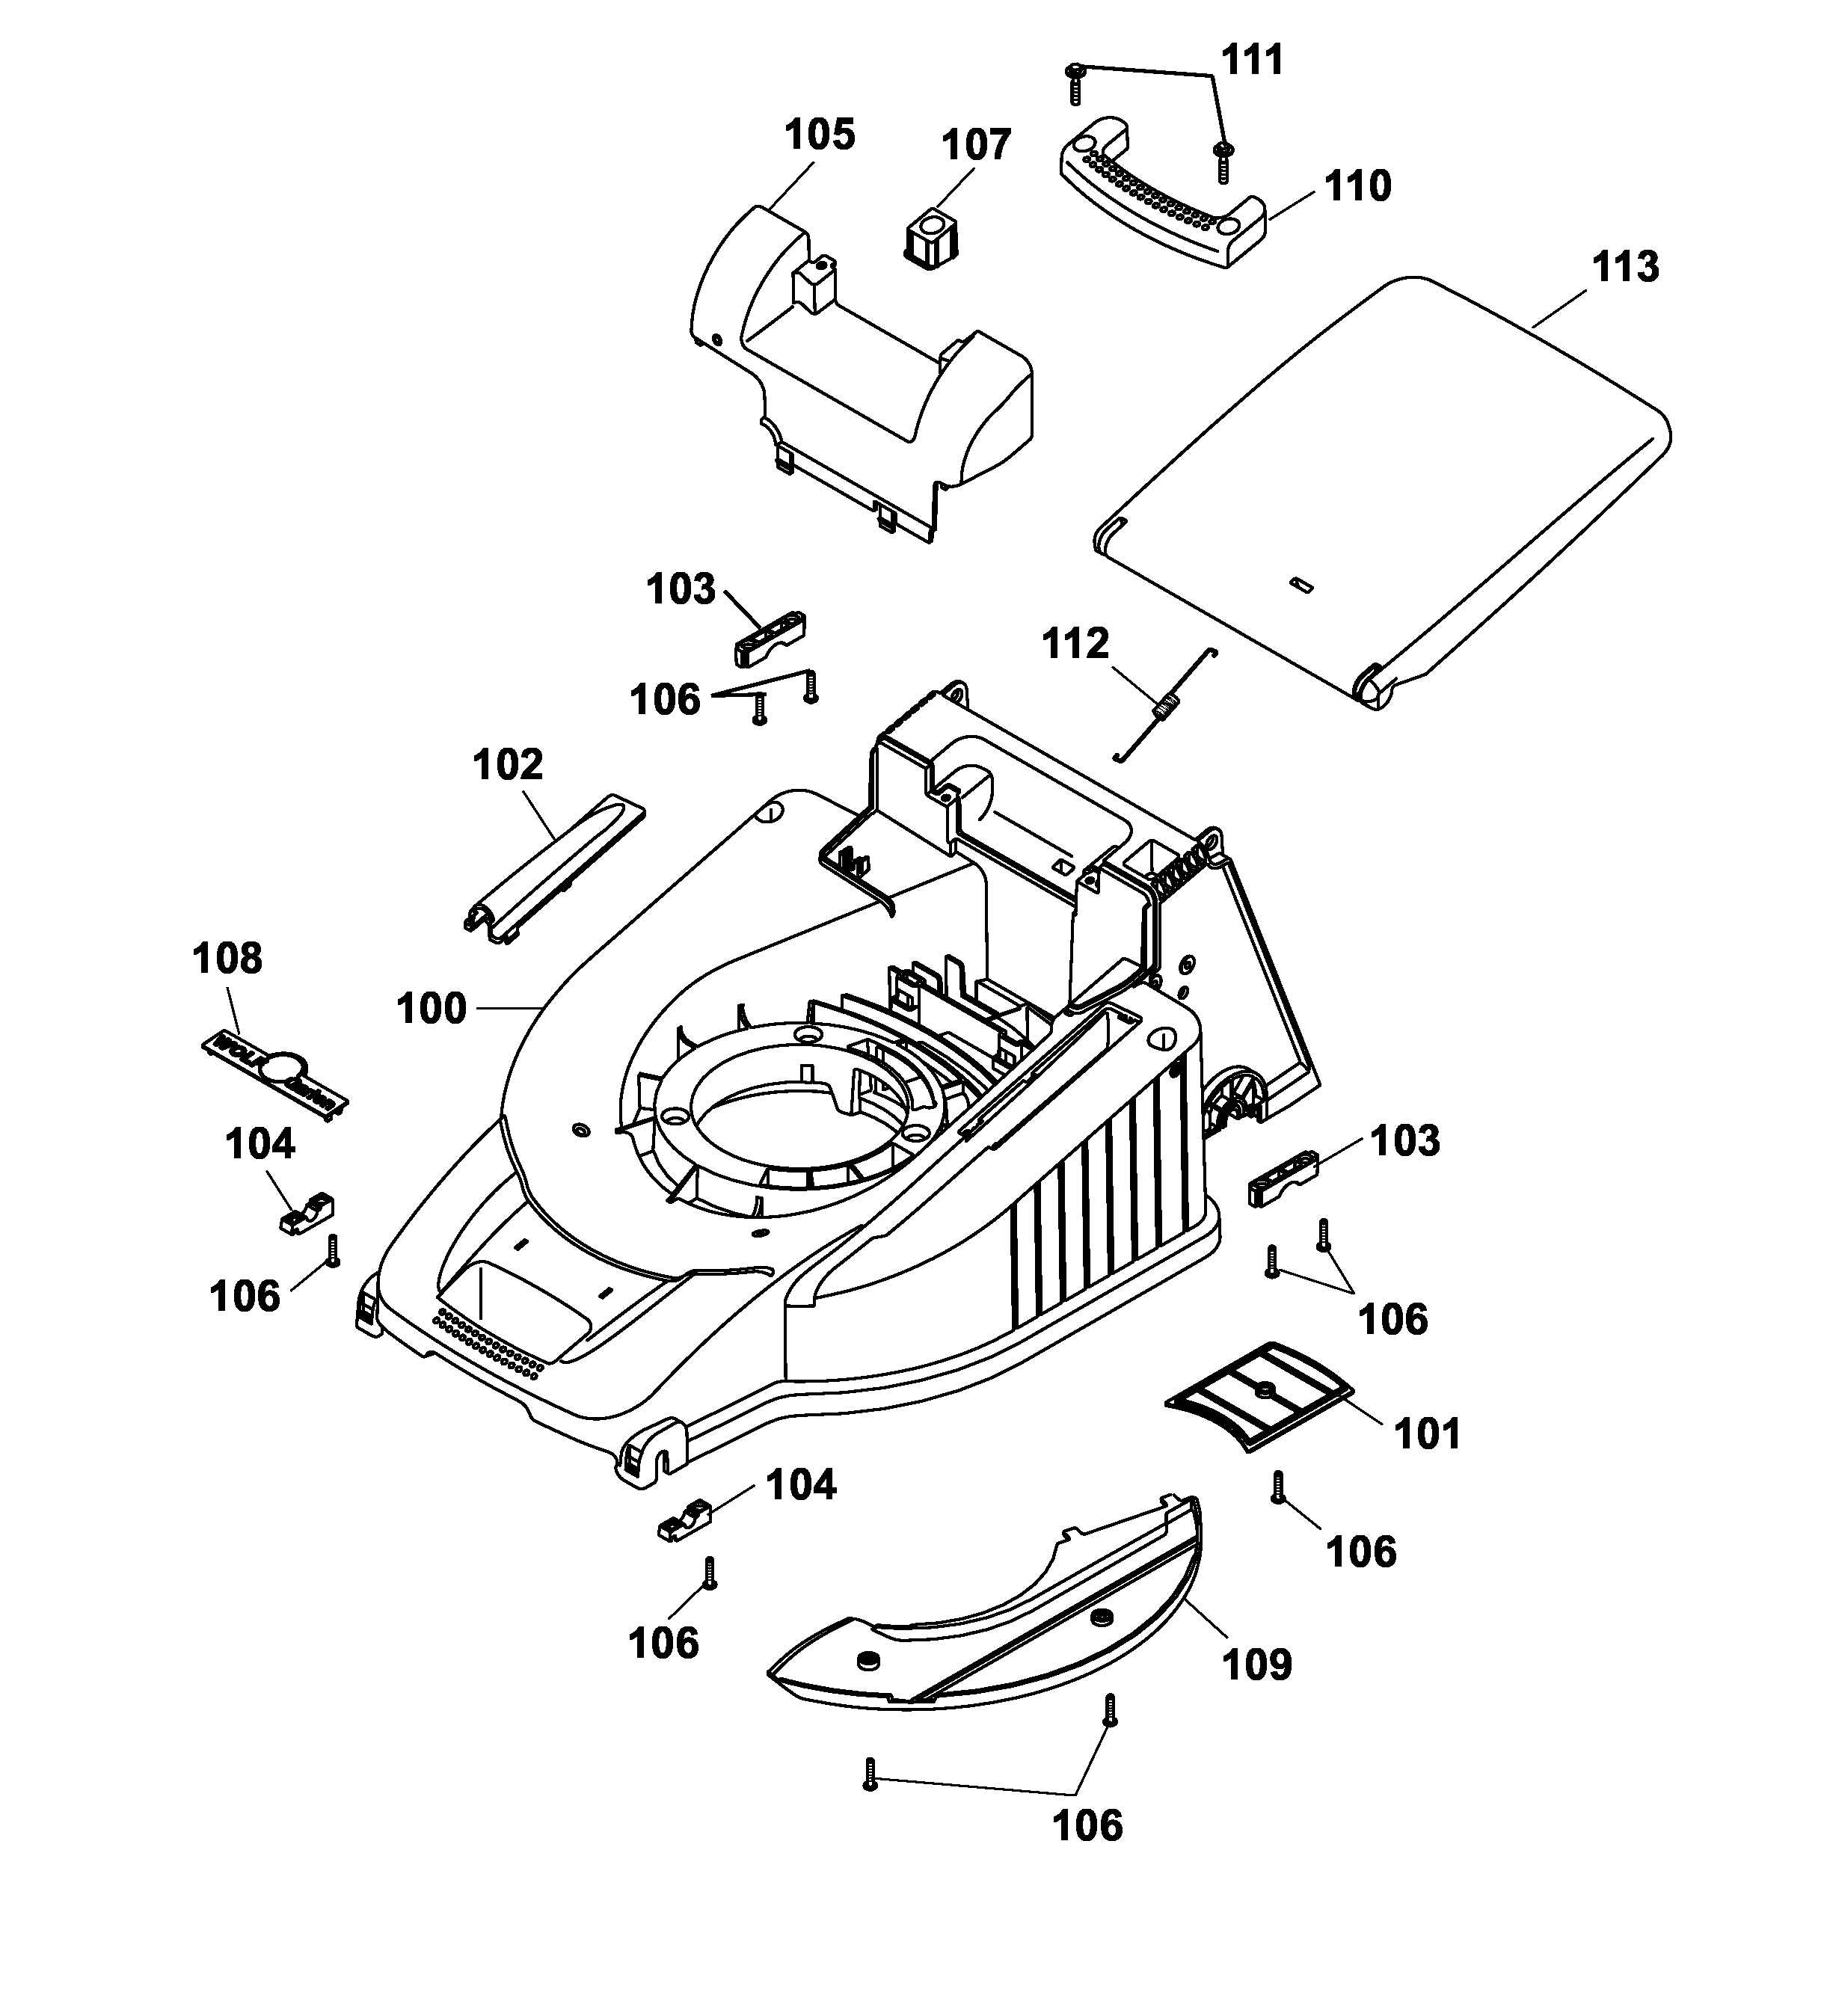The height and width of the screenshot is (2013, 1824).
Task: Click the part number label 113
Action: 1624,267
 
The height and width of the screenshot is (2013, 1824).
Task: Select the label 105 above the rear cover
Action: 819,135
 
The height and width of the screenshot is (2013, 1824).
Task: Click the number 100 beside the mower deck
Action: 432,1009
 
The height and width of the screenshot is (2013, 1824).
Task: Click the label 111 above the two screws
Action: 1252,60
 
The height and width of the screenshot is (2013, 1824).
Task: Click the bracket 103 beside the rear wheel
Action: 1284,1179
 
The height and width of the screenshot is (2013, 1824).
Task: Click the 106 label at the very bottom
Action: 1087,1825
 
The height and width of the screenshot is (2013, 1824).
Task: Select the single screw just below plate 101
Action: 1277,1487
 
